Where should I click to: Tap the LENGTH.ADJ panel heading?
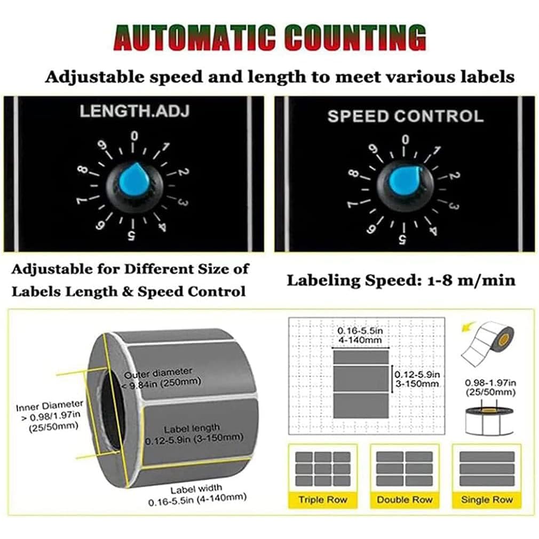134,111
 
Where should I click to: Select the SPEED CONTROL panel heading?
406,116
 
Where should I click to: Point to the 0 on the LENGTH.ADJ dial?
134,136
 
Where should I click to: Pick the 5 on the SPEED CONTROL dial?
402,239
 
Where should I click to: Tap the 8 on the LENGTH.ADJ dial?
82,170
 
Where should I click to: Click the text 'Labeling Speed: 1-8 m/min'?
401,280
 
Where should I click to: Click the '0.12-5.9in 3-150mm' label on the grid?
417,378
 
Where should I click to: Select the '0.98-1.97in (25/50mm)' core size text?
490,387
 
